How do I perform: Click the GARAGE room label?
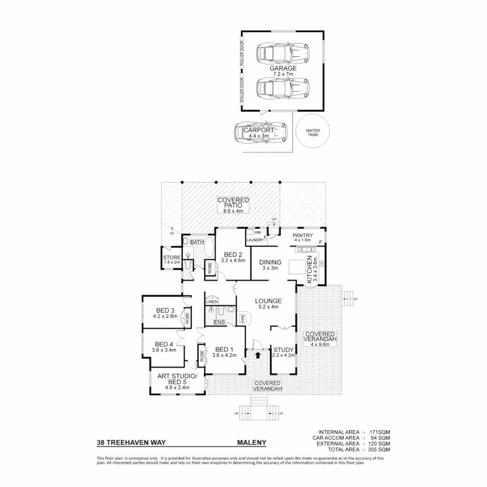click(283, 68)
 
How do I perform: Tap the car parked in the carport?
click(261, 133)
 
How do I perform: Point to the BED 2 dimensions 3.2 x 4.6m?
click(233, 260)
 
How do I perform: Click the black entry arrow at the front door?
click(257, 355)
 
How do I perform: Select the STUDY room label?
click(284, 349)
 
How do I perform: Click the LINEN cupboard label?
click(212, 301)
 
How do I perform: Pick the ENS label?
click(219, 322)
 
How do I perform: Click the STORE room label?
click(171, 257)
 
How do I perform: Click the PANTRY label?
click(303, 235)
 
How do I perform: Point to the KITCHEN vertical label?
click(309, 270)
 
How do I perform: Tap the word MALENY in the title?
click(252, 443)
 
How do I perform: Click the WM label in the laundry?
click(257, 232)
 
